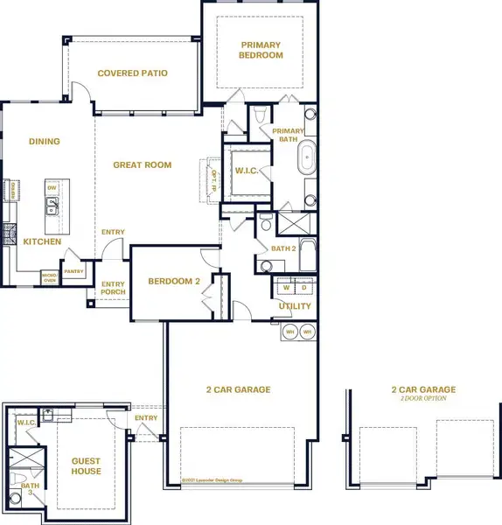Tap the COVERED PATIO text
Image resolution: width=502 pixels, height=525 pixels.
132,73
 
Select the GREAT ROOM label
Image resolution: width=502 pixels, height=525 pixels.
143,164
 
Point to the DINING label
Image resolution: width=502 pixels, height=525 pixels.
45,142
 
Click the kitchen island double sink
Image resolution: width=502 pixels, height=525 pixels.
52,207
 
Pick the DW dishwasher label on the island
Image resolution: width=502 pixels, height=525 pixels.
52,188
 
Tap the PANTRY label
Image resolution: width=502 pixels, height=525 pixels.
73,271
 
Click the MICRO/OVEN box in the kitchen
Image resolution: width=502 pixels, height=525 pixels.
49,277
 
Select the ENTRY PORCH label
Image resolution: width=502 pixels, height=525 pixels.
113,288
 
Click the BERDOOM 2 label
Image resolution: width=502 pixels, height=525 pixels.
174,282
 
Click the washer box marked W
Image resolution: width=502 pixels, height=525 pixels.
286,287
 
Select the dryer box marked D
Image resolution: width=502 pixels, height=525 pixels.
303,287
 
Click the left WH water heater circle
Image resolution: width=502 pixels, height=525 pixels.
289,332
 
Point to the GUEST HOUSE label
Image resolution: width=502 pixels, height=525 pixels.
87,466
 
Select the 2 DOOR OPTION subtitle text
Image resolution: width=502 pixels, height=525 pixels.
423,398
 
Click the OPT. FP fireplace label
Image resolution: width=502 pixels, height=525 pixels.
213,179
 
